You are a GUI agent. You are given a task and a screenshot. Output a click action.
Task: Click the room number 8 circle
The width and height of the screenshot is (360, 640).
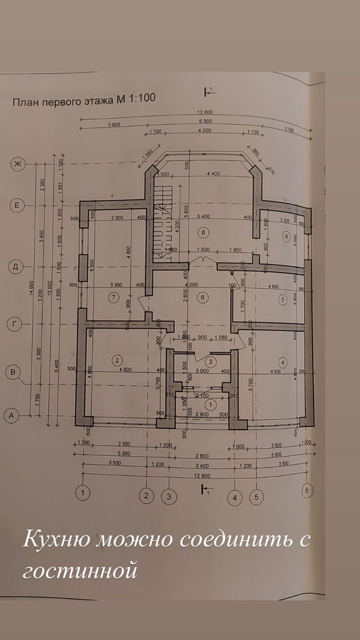pyautogui.click(x=203, y=232)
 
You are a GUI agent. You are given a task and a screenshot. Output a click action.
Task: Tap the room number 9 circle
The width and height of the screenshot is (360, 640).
pyautogui.click(x=286, y=236)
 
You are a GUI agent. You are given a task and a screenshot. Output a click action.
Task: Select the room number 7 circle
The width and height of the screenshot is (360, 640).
pyautogui.click(x=113, y=297)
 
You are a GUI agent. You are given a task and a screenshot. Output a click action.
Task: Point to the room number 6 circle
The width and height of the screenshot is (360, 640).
pyautogui.click(x=203, y=297)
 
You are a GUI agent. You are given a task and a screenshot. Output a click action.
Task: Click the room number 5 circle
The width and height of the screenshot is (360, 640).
pyautogui.click(x=283, y=299)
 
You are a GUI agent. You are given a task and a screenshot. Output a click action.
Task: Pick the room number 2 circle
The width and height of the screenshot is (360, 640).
pyautogui.click(x=117, y=360)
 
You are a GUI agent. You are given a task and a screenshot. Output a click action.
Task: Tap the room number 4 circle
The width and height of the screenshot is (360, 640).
pyautogui.click(x=283, y=362)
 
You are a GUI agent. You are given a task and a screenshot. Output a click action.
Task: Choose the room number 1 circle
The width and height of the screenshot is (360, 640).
pyautogui.click(x=210, y=405)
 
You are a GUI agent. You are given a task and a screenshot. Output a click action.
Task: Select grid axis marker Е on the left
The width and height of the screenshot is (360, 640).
pyautogui.click(x=17, y=205)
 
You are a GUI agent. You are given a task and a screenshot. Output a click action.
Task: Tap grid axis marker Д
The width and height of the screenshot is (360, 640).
pyautogui.click(x=15, y=267)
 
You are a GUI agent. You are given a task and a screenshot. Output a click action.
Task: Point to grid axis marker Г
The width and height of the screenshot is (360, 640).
pyautogui.click(x=14, y=324)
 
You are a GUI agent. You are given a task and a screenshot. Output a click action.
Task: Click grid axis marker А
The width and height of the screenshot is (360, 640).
pyautogui.click(x=11, y=416)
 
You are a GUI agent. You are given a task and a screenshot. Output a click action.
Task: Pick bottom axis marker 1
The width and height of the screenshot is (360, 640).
pyautogui.click(x=83, y=492)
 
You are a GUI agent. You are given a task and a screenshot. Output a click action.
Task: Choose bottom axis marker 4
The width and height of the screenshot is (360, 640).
pyautogui.click(x=235, y=498)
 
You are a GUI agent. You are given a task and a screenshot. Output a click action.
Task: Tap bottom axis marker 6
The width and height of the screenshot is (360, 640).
pyautogui.click(x=307, y=490)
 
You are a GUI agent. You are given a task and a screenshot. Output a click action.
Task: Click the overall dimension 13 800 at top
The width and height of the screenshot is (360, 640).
pyautogui.click(x=205, y=112)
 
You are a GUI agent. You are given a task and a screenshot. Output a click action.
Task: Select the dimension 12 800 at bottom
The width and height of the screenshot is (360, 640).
pyautogui.click(x=203, y=476)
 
